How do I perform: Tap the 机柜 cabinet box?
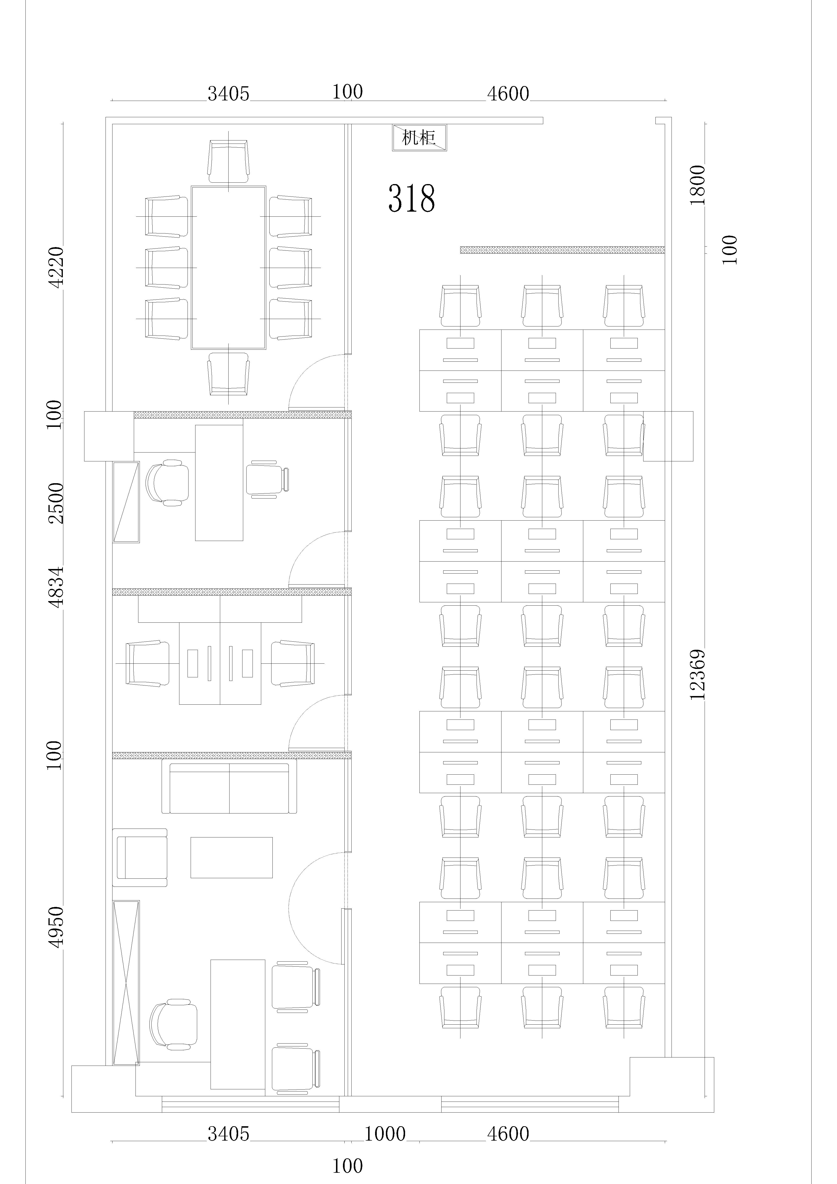[x=419, y=138]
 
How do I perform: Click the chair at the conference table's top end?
[x=229, y=161]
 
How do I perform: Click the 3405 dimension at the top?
[x=229, y=94]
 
